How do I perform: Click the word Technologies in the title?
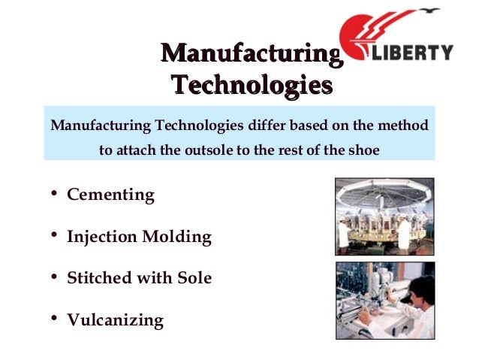pyautogui.click(x=251, y=84)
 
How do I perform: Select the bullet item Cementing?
pyautogui.click(x=110, y=195)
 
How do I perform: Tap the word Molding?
pyautogui.click(x=180, y=237)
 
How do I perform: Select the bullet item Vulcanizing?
pyautogui.click(x=115, y=320)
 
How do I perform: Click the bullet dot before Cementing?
pyautogui.click(x=55, y=194)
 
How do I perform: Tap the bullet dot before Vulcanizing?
pyautogui.click(x=55, y=319)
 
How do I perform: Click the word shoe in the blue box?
pyautogui.click(x=363, y=149)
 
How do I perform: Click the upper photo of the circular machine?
pyautogui.click(x=384, y=216)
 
